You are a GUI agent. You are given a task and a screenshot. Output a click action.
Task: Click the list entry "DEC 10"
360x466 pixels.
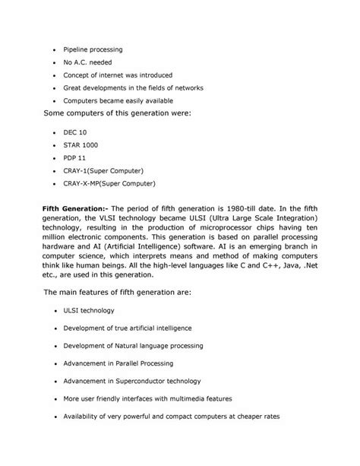click(76, 132)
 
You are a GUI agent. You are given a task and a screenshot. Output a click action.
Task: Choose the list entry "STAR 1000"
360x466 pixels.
click(81, 144)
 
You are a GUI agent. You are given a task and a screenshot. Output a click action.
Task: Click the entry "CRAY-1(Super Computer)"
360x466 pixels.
click(103, 170)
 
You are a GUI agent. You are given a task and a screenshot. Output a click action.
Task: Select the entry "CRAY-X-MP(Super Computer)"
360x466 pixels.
click(109, 183)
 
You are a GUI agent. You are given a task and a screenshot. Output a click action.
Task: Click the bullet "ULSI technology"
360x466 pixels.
click(92, 311)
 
